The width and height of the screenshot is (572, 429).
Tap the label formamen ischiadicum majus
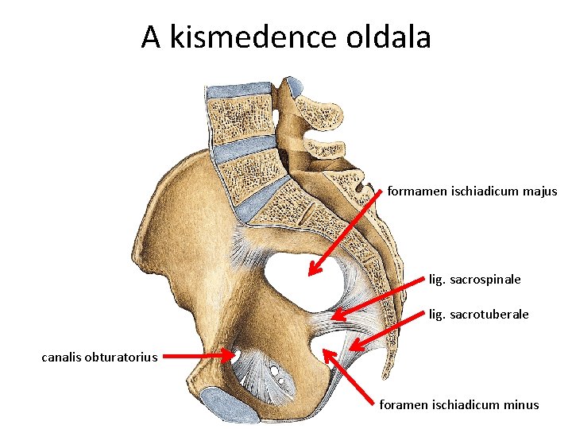pyautogui.click(x=472, y=191)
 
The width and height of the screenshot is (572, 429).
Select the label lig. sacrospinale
pyautogui.click(x=474, y=280)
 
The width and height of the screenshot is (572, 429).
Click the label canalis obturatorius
pyautogui.click(x=100, y=357)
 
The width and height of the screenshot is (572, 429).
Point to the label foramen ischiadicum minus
pyautogui.click(x=458, y=405)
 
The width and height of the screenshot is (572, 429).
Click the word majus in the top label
pyautogui.click(x=540, y=191)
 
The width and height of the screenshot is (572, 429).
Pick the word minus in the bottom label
pyautogui.click(x=521, y=405)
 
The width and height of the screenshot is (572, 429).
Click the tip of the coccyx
pyautogui.click(x=386, y=379)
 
